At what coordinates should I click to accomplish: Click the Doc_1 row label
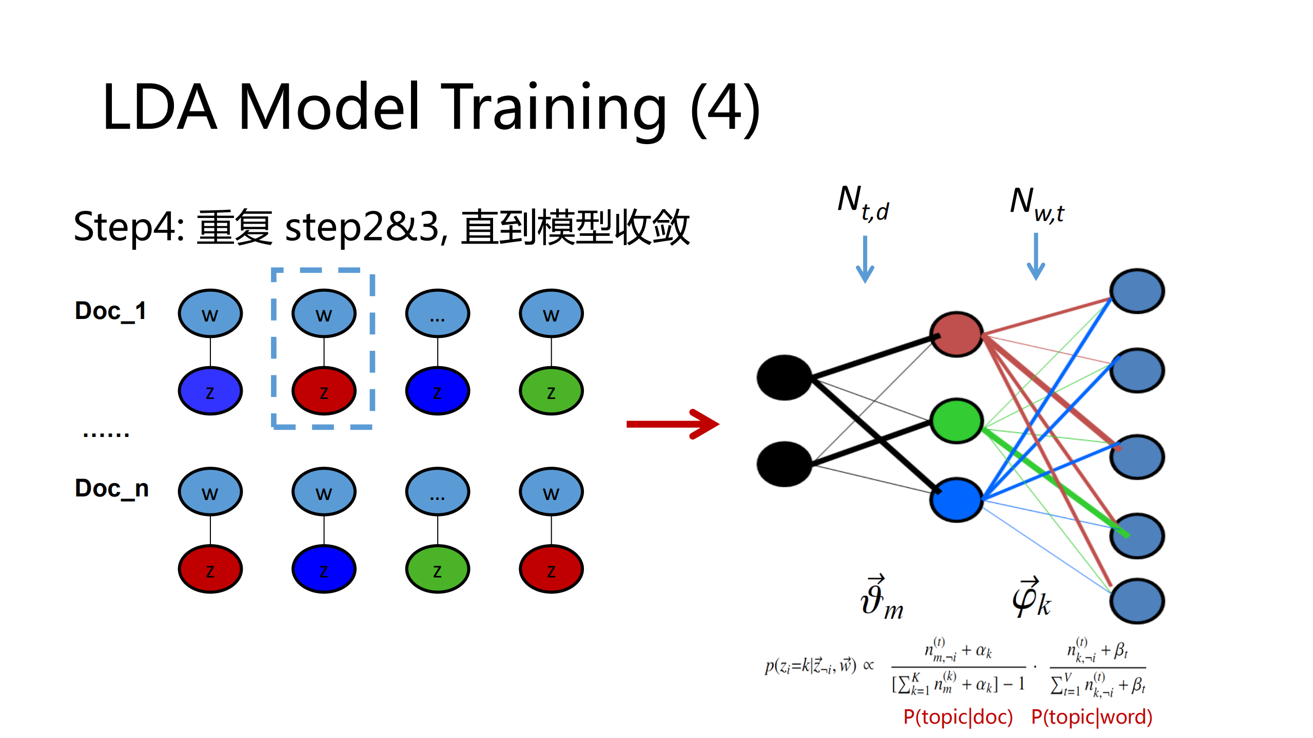coord(110,311)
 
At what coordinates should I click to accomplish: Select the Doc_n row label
coord(112,488)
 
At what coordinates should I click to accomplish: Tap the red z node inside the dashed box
coord(324,391)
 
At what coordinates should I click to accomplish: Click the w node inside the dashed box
coord(324,313)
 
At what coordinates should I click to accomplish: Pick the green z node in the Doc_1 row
coord(551,391)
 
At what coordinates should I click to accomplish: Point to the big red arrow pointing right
coord(672,424)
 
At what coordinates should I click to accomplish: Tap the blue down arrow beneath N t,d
coord(865,260)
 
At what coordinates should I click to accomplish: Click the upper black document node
coord(785,377)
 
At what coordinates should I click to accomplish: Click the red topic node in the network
coord(956,334)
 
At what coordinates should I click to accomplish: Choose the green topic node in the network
coord(956,421)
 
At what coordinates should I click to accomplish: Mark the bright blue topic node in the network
coord(956,500)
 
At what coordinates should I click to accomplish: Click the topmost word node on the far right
coord(1137,291)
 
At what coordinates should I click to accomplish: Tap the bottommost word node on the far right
coord(1137,601)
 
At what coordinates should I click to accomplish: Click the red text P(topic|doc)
coord(958,717)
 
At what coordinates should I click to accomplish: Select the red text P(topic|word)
coord(1092,717)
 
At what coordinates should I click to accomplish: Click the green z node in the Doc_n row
coord(437,569)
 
